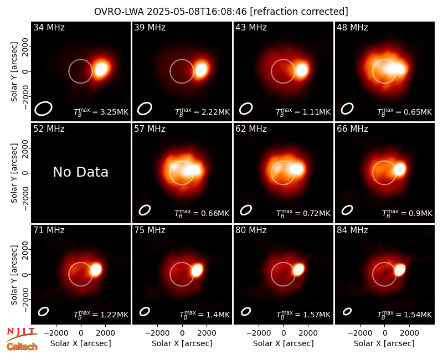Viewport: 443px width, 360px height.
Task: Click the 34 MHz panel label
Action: [x=49, y=27]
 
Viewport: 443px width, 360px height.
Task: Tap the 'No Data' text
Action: [x=80, y=172]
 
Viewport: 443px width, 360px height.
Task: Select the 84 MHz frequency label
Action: [x=352, y=230]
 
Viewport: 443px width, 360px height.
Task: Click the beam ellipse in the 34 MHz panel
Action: [x=43, y=109]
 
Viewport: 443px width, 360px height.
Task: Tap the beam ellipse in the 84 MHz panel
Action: [x=347, y=311]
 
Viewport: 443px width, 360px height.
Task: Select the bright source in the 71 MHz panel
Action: [x=96, y=270]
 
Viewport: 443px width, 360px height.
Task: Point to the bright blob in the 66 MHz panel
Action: [x=399, y=169]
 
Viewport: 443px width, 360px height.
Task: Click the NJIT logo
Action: [x=22, y=334]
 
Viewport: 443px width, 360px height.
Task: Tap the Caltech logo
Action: [x=22, y=347]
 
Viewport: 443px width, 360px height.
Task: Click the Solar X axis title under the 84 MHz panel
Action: [x=384, y=343]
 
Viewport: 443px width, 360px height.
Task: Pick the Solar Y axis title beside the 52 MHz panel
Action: [x=14, y=173]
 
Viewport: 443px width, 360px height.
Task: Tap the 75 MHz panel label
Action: [x=150, y=230]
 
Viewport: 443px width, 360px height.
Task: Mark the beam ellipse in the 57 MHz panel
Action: [x=145, y=210]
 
